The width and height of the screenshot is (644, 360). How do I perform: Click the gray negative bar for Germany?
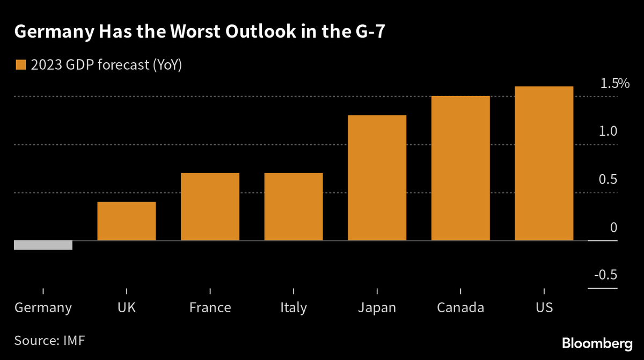[x=43, y=245]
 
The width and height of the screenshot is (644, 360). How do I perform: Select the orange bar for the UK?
[x=127, y=221]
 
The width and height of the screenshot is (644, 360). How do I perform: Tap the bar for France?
[x=210, y=207]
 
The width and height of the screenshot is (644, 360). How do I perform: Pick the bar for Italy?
[x=294, y=207]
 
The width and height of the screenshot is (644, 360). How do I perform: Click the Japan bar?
[x=377, y=178]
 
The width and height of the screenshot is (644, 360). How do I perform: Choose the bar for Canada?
[x=460, y=168]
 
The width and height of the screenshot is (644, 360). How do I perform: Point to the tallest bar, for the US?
[x=544, y=163]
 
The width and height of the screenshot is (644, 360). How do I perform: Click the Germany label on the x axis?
[x=43, y=308]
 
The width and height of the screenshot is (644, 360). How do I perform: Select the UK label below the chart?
[x=127, y=308]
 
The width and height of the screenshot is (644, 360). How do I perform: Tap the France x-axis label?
[x=210, y=308]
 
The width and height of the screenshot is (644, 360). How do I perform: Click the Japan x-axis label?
[x=377, y=308]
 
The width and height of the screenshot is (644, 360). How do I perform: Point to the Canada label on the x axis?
[x=460, y=308]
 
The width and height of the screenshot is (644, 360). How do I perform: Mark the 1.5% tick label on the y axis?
[x=614, y=84]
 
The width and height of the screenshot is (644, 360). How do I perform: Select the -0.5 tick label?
[x=605, y=275]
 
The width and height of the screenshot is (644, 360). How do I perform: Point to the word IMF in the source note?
[x=75, y=340]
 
